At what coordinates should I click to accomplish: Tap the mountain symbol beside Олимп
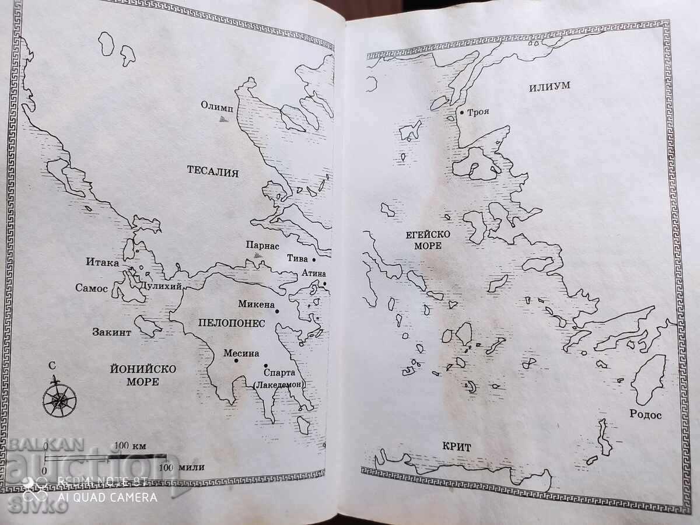pos(222,118)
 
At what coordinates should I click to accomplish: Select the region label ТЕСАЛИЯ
pos(213,171)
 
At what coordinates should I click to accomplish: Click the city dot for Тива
pos(314,259)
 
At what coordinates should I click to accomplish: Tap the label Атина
pos(314,273)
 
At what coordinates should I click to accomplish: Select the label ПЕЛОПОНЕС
pos(232,323)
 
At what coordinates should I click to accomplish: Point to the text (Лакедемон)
pos(278,384)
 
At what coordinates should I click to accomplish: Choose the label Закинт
pos(112,332)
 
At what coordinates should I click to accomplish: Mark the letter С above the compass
pos(52,366)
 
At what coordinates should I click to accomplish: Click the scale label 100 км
pos(129,446)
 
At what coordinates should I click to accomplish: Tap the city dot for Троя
pos(461,112)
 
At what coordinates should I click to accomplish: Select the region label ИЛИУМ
pos(549,86)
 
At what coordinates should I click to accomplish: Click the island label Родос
pos(646,415)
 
